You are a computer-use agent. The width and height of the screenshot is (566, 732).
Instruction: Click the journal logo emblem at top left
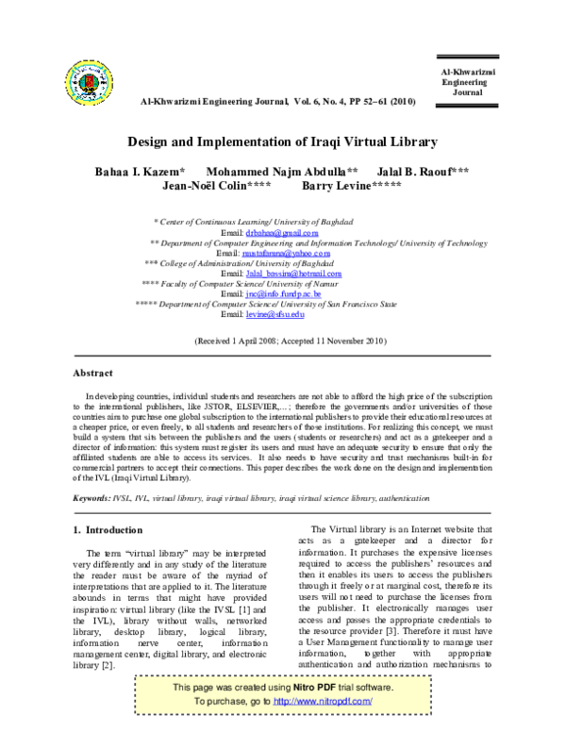[92, 83]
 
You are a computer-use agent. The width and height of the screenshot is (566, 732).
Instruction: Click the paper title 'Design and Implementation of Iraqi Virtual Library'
[283, 142]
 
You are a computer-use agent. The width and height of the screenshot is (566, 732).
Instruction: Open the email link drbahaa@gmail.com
[282, 231]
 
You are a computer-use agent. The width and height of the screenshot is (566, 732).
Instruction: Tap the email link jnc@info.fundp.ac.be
[283, 294]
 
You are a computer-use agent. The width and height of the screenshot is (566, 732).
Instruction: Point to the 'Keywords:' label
[92, 495]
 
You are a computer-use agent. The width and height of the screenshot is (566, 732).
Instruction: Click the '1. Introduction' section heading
[108, 530]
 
